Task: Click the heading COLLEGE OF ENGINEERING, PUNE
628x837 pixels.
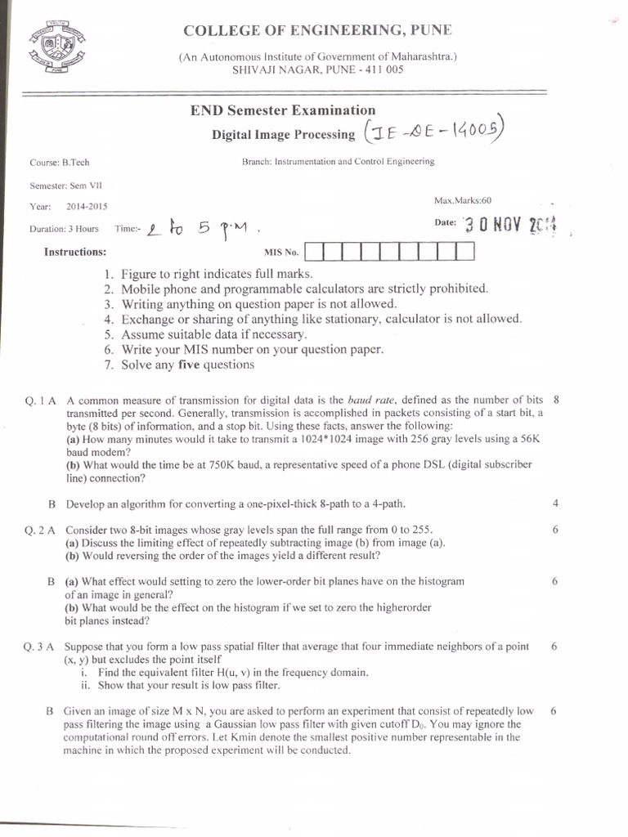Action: click(316, 31)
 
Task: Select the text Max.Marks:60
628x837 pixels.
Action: click(463, 200)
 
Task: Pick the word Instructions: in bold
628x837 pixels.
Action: click(75, 252)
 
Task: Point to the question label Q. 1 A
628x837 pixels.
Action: click(40, 401)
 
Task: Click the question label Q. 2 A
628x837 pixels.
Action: click(40, 530)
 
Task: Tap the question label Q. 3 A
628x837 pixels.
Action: click(40, 647)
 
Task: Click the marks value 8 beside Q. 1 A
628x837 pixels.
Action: click(556, 400)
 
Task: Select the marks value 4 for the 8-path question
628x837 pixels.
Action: click(555, 504)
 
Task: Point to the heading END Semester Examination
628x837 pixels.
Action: click(283, 110)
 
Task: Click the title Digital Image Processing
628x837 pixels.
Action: click(283, 134)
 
